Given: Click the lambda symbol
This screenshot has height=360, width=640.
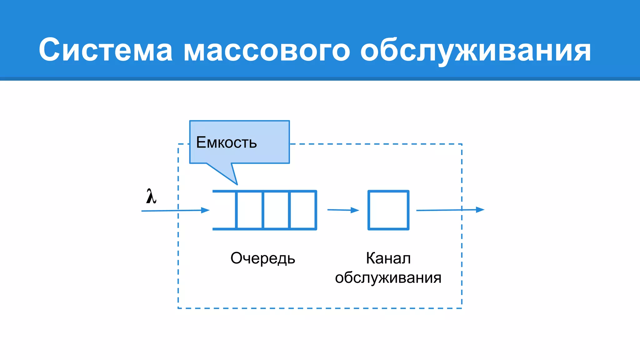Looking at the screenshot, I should (151, 197).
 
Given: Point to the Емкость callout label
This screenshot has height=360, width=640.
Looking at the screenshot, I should (227, 142).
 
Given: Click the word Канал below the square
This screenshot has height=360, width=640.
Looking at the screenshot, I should (388, 258).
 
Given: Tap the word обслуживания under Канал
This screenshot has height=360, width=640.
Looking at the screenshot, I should (388, 278).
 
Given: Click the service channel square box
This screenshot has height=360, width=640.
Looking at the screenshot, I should (388, 210).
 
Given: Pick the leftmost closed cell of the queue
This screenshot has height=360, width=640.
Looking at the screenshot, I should (249, 210).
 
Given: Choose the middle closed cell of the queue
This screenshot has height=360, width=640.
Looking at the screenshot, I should (277, 210).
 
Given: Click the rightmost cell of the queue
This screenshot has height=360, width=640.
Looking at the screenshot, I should (303, 210).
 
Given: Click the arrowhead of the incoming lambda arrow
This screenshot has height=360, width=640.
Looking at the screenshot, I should (206, 210).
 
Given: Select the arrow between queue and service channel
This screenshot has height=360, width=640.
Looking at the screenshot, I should (343, 210).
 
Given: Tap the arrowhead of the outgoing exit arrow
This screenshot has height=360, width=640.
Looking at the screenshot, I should (480, 210).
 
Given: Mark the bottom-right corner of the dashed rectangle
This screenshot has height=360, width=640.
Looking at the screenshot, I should (462, 308).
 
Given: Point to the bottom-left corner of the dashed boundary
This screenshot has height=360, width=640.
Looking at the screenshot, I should (178, 308).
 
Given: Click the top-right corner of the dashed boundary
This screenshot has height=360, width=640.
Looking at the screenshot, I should (462, 144).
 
